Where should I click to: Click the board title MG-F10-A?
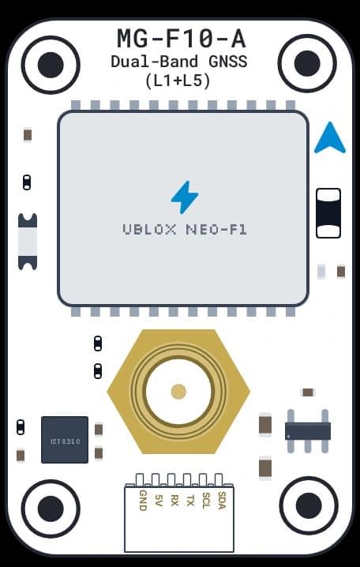(182, 39)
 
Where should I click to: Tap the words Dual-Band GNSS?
(179, 62)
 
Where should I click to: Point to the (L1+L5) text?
(178, 81)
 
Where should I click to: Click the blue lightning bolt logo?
(185, 197)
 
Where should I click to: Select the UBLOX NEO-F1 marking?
(185, 230)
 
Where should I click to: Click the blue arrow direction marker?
(330, 137)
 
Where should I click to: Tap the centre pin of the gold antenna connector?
(178, 392)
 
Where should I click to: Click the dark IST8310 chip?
(65, 440)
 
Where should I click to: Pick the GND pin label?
(143, 501)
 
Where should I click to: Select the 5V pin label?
(159, 498)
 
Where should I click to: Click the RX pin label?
(174, 498)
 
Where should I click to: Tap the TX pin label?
(190, 498)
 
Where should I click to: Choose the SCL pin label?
(206, 501)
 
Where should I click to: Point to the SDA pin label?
(222, 501)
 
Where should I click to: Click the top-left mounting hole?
(51, 65)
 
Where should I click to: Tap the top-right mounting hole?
(307, 64)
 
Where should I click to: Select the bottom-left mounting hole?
(51, 509)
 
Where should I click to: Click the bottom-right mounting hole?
(309, 505)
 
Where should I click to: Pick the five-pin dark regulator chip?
(308, 431)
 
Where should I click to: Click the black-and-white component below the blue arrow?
(328, 213)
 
